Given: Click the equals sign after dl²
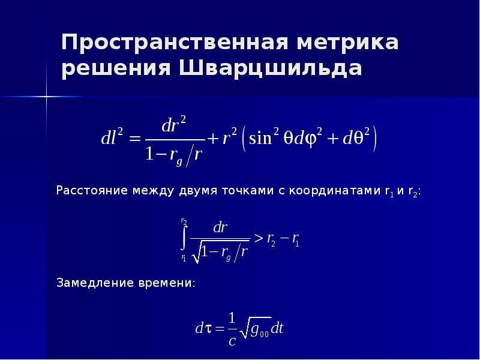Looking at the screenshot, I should coord(134,139).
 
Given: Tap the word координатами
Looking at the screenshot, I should coord(335,191).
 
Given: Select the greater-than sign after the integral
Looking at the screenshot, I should coord(258,239).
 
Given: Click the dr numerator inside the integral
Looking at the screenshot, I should coord(220,228).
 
